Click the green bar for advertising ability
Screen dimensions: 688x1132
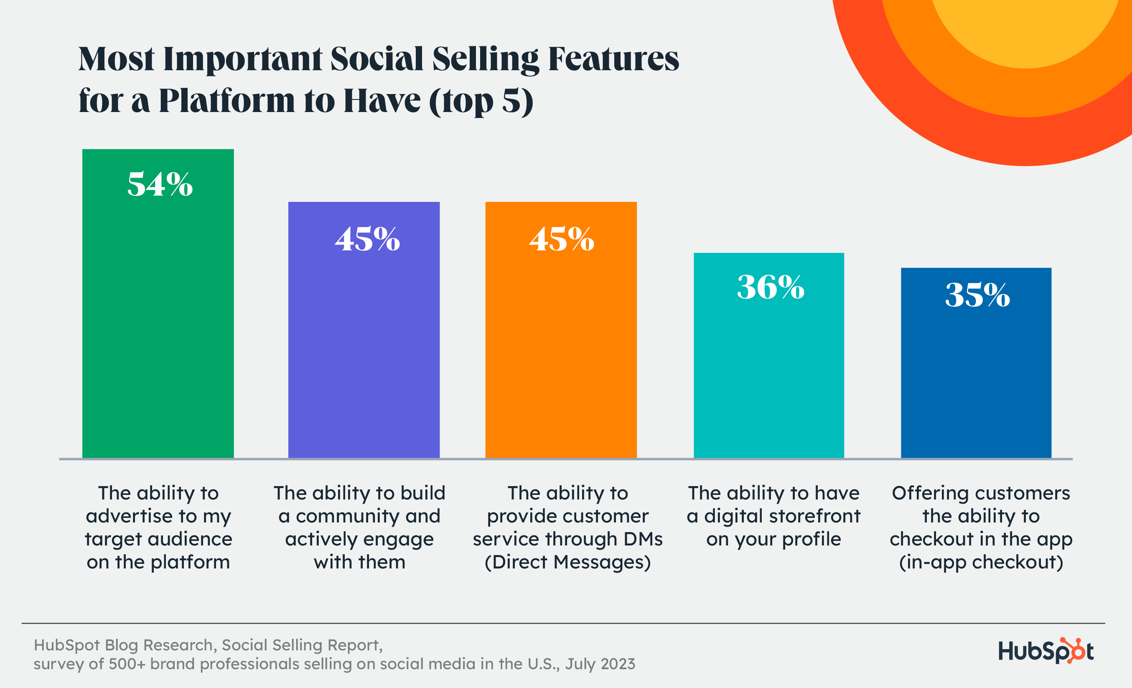coord(158,322)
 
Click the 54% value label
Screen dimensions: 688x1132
coord(160,184)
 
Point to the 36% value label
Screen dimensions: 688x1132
coord(771,287)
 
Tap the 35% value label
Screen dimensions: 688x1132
coord(977,295)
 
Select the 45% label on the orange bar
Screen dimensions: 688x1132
coord(562,239)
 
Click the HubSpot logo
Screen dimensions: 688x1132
coord(1046,651)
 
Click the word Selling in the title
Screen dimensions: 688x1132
coord(485,60)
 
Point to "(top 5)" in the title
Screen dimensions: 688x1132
coord(481,101)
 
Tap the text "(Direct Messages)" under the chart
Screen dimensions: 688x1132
coord(567,562)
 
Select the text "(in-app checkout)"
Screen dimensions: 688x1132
coord(981,562)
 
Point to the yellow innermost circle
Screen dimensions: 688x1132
coord(1025,28)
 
